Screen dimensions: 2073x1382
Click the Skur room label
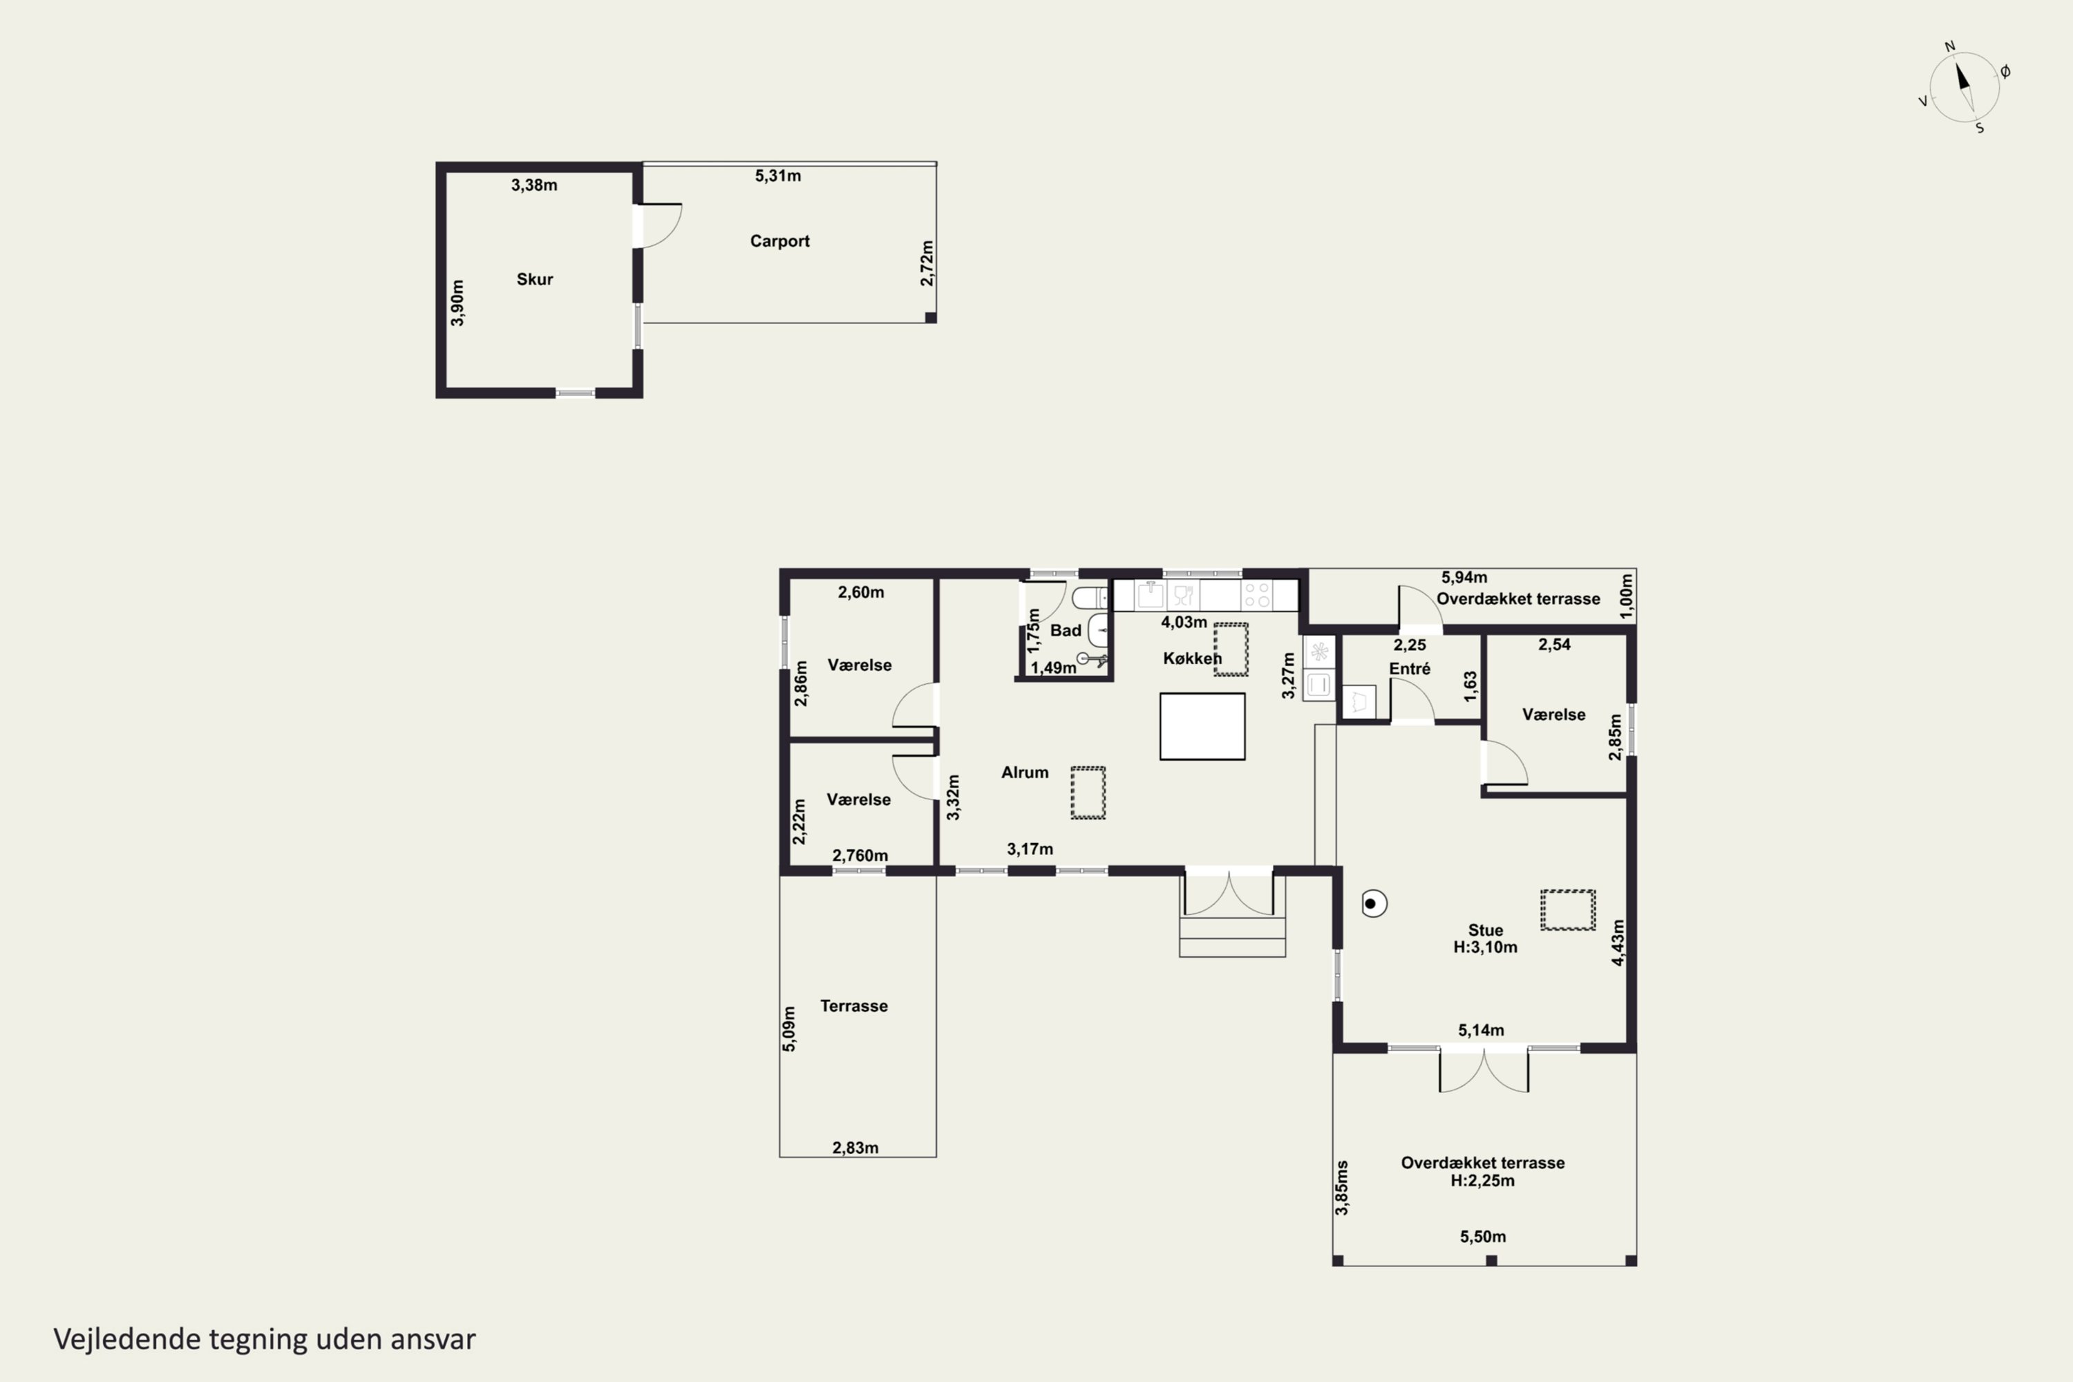pyautogui.click(x=534, y=279)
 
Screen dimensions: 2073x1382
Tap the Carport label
pyautogui.click(x=779, y=241)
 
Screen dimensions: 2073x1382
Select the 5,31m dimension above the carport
pyautogui.click(x=777, y=176)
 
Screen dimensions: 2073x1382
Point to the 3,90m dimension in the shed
pyautogui.click(x=457, y=303)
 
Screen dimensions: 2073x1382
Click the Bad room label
pyautogui.click(x=1065, y=631)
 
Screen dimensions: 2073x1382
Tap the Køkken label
pyautogui.click(x=1191, y=659)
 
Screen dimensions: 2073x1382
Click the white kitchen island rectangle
pyautogui.click(x=1202, y=726)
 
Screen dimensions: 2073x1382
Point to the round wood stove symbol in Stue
pyautogui.click(x=1373, y=903)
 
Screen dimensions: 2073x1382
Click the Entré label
pyautogui.click(x=1410, y=669)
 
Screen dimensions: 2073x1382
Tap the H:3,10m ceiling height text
pyautogui.click(x=1485, y=947)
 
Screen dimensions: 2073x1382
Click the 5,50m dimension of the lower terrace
pyautogui.click(x=1482, y=1237)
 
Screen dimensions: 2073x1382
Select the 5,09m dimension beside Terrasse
pyautogui.click(x=789, y=1029)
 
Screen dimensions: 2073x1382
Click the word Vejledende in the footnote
pyautogui.click(x=127, y=1339)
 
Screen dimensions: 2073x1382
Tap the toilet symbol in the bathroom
pyautogui.click(x=1090, y=598)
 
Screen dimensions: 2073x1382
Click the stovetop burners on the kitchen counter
pyautogui.click(x=1257, y=595)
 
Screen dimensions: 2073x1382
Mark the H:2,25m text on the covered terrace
pyautogui.click(x=1482, y=1181)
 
